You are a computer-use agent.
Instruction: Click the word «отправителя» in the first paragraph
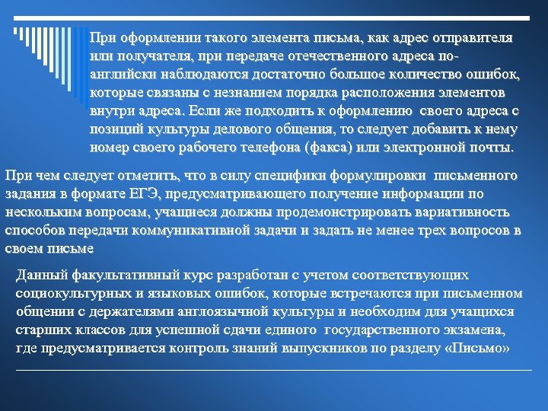point(472,37)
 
